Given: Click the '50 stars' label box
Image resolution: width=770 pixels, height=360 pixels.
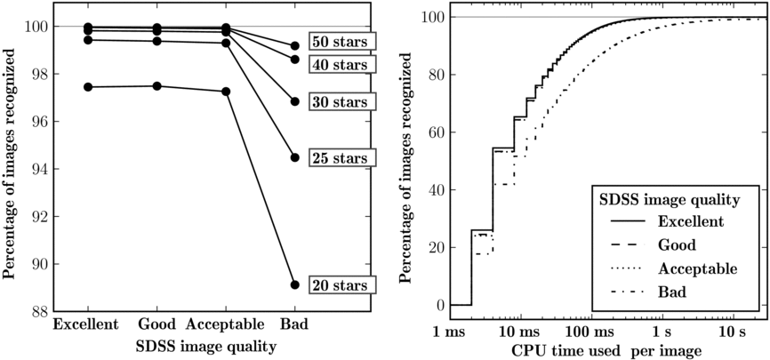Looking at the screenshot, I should pos(342,42).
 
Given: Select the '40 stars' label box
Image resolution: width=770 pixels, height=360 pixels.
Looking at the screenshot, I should pos(342,64).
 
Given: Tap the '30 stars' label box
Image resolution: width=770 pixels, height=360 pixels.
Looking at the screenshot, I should pos(342,102).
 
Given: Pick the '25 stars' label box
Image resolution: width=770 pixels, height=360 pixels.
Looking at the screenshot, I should pos(342,158).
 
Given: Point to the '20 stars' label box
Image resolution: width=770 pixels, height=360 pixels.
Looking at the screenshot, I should pos(342,285).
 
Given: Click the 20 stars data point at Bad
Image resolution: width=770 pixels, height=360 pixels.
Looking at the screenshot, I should pos(294,285).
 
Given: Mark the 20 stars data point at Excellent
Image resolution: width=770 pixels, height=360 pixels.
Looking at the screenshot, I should pos(87,87).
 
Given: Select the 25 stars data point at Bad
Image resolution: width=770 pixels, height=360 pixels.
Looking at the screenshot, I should pos(294,157).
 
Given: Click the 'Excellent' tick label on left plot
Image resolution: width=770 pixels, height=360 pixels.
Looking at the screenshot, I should pos(86,324).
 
